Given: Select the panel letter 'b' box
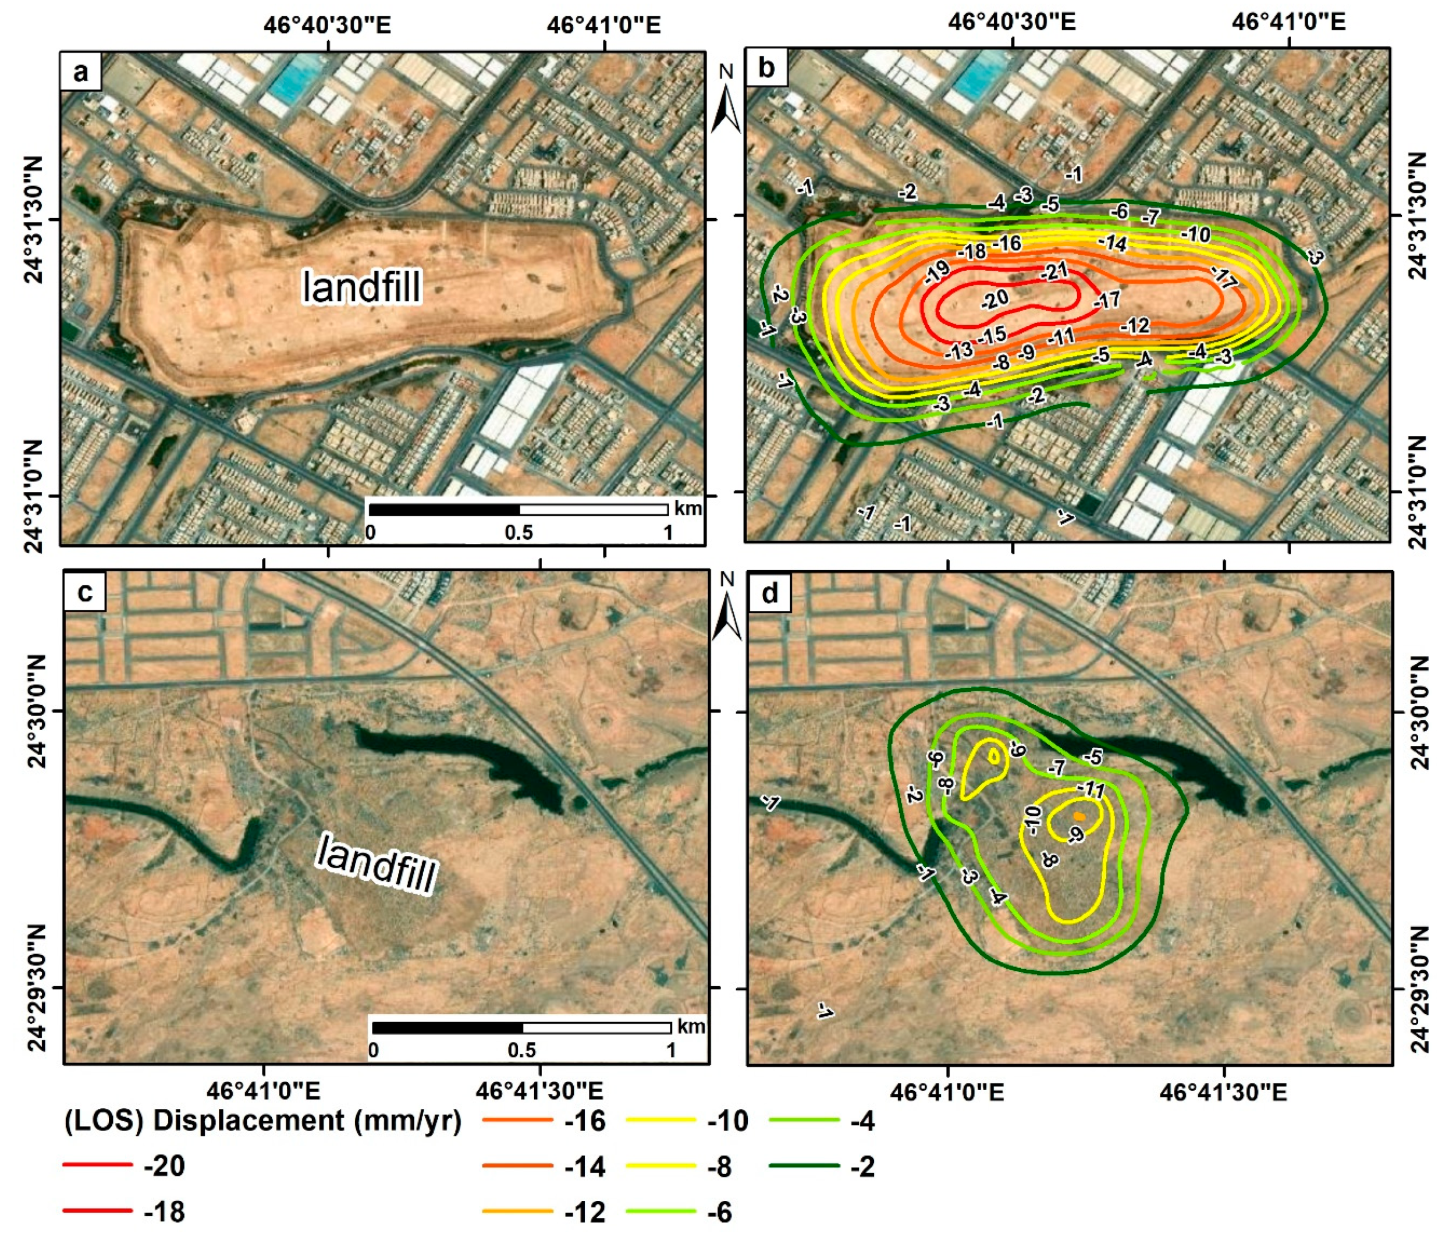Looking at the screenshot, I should tap(766, 69).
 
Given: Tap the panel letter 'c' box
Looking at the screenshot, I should tap(84, 592).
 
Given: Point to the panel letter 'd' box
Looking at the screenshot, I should tap(770, 592).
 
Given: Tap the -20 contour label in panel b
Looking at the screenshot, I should tap(995, 299).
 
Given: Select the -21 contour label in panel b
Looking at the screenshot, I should tap(1054, 271).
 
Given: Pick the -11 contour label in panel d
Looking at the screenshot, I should tap(1091, 790).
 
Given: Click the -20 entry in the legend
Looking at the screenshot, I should tap(164, 1165).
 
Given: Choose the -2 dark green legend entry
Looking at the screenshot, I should tap(863, 1165).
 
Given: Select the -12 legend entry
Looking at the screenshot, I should tap(585, 1212).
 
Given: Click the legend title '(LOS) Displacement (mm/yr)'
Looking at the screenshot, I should tap(263, 1120).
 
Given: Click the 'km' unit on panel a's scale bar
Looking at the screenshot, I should tap(687, 509).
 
